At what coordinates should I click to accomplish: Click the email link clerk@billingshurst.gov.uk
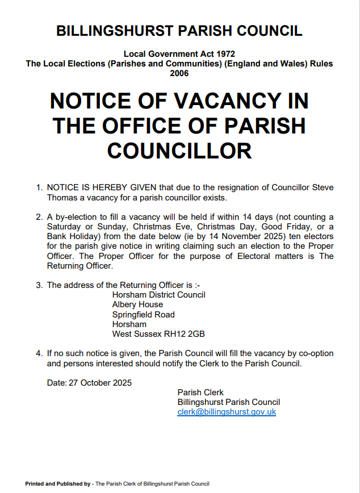[227, 412]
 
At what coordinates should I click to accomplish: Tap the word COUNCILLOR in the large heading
[179, 151]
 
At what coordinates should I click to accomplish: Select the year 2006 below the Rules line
[179, 73]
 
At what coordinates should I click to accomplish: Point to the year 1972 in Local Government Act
[223, 54]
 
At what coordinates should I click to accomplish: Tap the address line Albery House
[137, 304]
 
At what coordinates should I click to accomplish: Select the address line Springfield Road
[143, 315]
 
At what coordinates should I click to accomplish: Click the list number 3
[39, 285]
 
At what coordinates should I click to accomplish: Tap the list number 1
[39, 187]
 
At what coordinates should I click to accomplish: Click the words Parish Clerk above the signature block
[200, 392]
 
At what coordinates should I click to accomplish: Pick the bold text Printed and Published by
[58, 484]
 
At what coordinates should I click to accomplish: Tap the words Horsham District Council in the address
[158, 295]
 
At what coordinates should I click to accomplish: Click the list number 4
[39, 353]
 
